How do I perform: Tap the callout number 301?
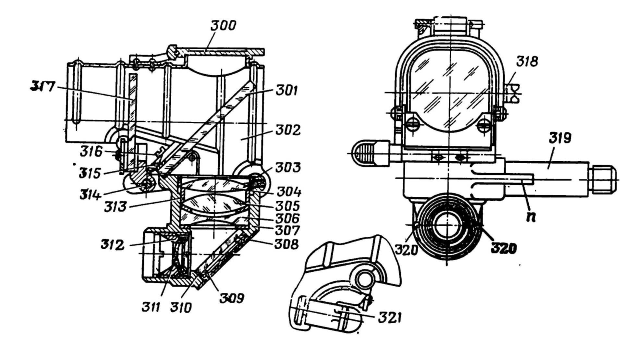(287, 91)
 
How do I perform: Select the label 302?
(288, 130)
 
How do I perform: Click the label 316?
(91, 152)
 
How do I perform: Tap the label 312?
(112, 245)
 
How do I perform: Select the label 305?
(288, 206)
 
